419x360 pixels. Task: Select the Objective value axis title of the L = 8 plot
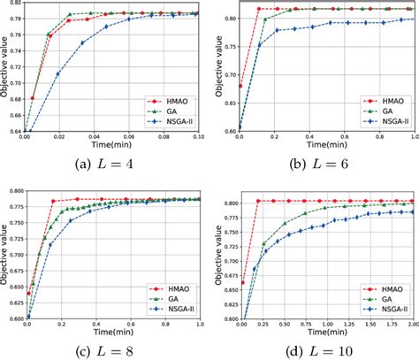point(4,257)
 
